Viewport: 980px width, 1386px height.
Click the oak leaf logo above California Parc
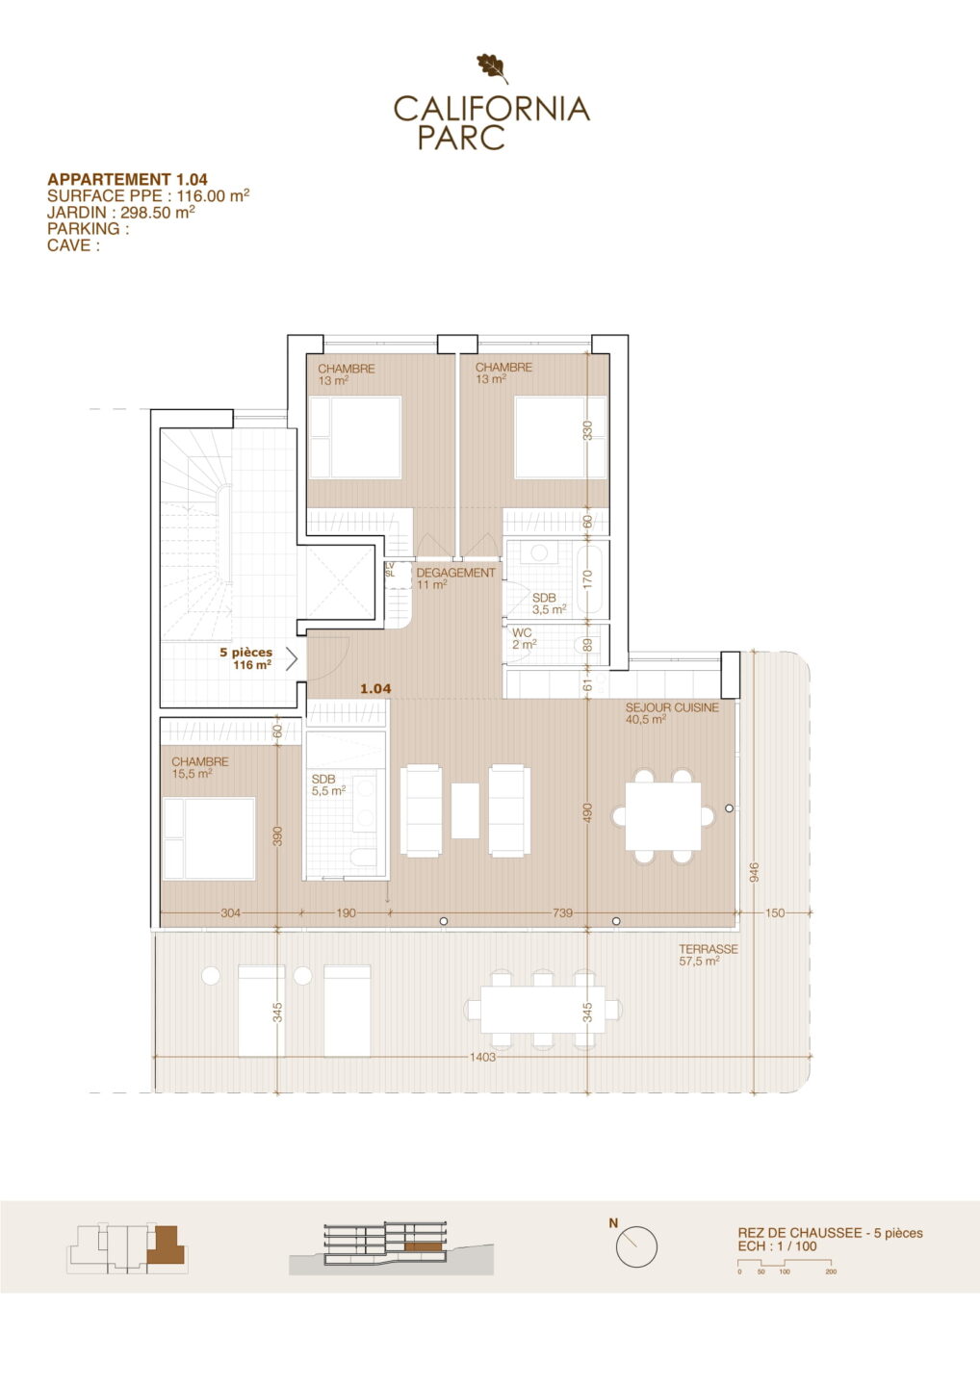(493, 68)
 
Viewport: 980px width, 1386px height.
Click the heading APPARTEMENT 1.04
(127, 179)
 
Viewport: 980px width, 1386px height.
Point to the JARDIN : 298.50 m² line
(121, 212)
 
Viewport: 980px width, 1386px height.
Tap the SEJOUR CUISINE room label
(672, 707)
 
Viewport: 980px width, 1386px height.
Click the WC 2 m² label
(524, 638)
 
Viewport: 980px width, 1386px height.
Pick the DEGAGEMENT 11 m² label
(455, 578)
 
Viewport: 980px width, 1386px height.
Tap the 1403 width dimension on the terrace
(482, 1057)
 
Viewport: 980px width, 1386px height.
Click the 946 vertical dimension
(753, 873)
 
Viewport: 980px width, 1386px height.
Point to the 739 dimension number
(562, 912)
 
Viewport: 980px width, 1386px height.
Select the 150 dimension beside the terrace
(775, 912)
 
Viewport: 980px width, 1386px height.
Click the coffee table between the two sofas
(465, 810)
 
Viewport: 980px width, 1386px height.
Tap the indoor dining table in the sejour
(662, 816)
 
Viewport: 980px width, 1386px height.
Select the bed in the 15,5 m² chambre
(209, 838)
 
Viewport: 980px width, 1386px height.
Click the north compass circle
(636, 1247)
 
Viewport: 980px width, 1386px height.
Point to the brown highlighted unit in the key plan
(167, 1245)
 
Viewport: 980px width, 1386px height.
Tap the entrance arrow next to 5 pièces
(292, 660)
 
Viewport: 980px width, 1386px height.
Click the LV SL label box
(390, 570)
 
